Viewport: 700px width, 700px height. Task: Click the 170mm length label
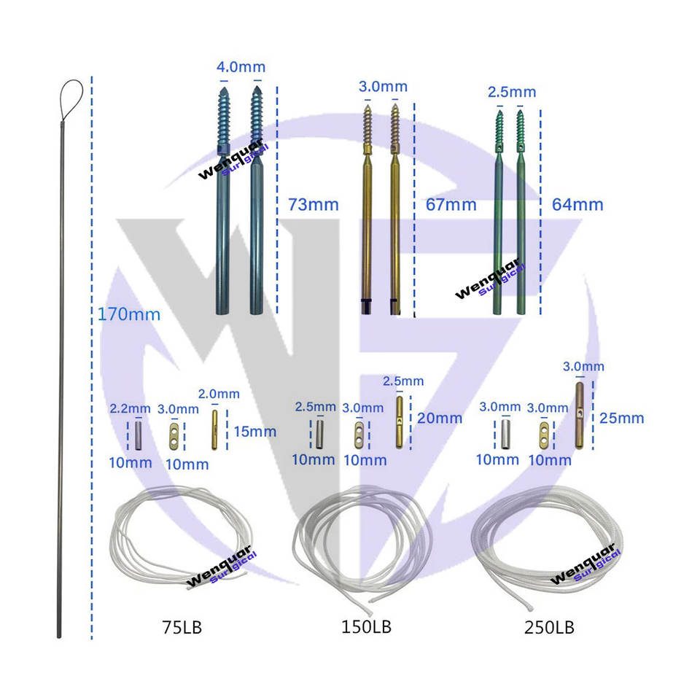coord(129,315)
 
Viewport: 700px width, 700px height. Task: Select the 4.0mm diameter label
coord(241,67)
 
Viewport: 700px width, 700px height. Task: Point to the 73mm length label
coord(314,205)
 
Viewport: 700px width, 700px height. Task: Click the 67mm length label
coord(451,205)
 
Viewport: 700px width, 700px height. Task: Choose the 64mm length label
coord(577,204)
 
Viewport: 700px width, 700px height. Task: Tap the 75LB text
coord(182,627)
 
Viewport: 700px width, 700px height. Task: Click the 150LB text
coord(366,627)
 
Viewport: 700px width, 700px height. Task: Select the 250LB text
coord(549,627)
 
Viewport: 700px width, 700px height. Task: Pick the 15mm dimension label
coord(255,432)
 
